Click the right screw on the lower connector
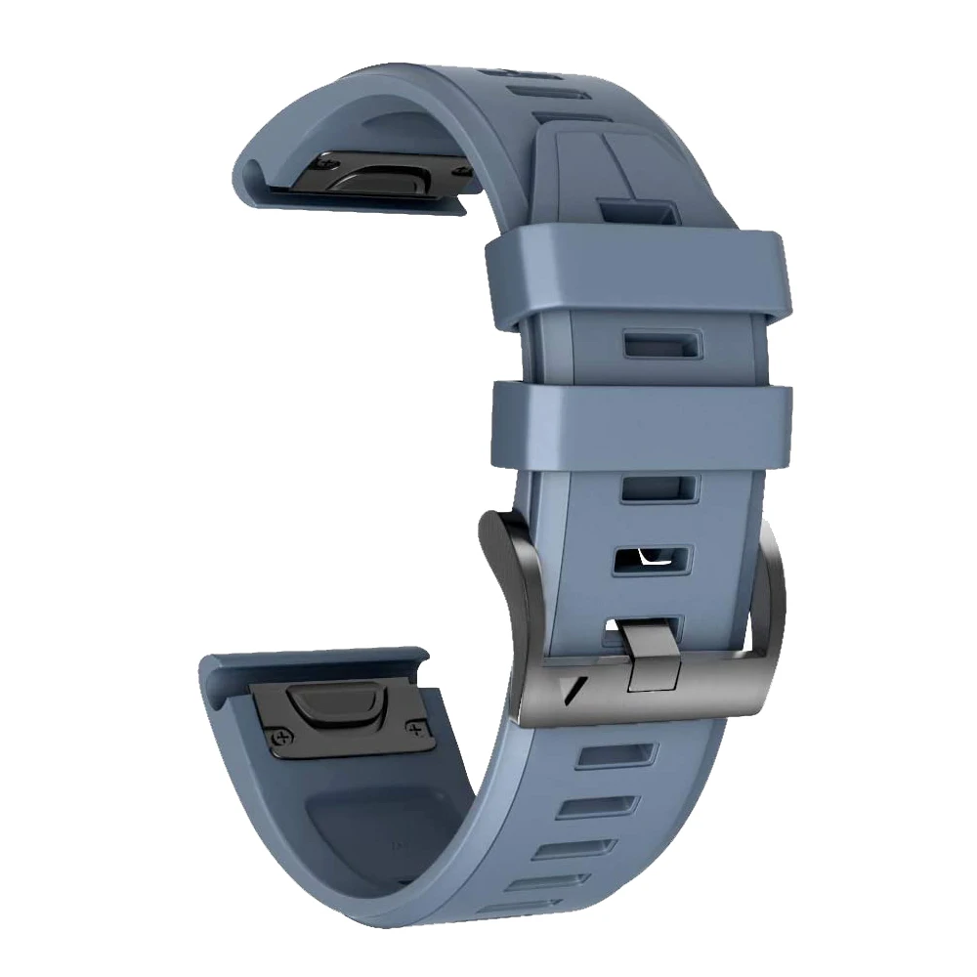[x=417, y=729]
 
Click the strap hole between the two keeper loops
[x=659, y=344]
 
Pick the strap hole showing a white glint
[x=652, y=558]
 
